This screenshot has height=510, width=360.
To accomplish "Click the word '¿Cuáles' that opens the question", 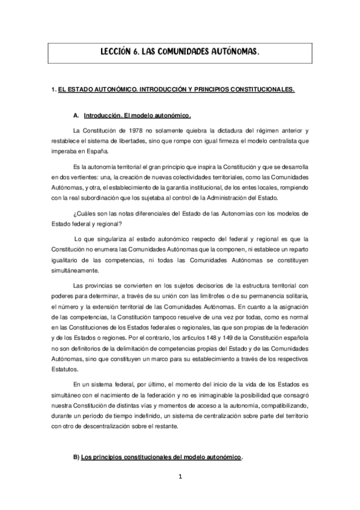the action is (x=84, y=214).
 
